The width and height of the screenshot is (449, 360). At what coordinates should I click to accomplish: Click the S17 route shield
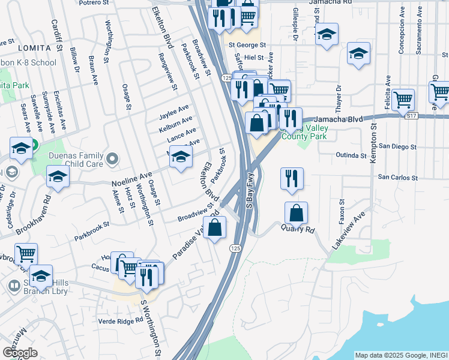pyautogui.click(x=411, y=115)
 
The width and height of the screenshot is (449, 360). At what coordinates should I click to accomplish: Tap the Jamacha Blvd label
pyautogui.click(x=339, y=119)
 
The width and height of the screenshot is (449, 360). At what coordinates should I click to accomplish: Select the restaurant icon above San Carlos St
pyautogui.click(x=292, y=178)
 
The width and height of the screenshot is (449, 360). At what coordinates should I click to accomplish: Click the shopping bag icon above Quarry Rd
pyautogui.click(x=297, y=213)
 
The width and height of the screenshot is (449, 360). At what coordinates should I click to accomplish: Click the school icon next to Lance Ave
pyautogui.click(x=179, y=157)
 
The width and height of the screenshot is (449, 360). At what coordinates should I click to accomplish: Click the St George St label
pyautogui.click(x=246, y=44)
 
